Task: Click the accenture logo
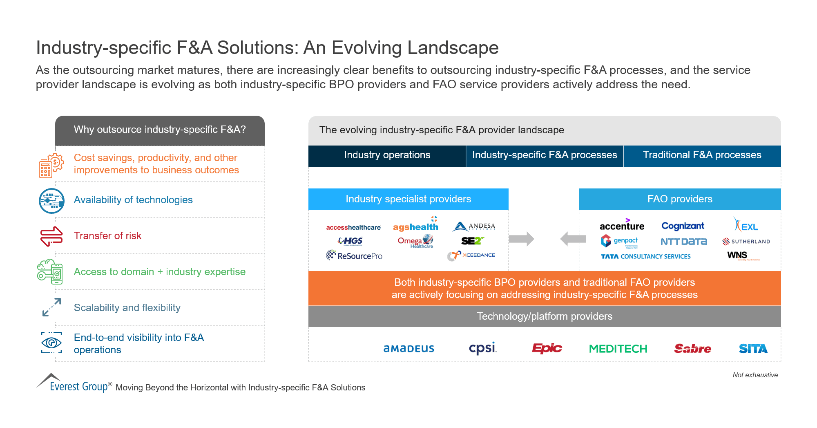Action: [622, 226]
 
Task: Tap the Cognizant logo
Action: [683, 226]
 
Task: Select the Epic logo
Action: [547, 348]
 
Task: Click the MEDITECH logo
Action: [618, 349]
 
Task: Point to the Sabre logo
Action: [692, 348]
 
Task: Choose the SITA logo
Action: [753, 349]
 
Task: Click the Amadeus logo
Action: [408, 349]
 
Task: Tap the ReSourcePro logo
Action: [354, 255]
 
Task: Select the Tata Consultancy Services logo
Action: [645, 256]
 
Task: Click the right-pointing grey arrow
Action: [521, 239]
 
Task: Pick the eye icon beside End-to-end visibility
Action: [51, 343]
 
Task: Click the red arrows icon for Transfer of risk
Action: [51, 236]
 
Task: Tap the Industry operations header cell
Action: [387, 155]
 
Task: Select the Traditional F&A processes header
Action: [702, 155]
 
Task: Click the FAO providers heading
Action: [680, 199]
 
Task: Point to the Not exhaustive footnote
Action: [755, 375]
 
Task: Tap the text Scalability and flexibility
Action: [127, 308]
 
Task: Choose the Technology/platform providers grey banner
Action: [544, 316]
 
